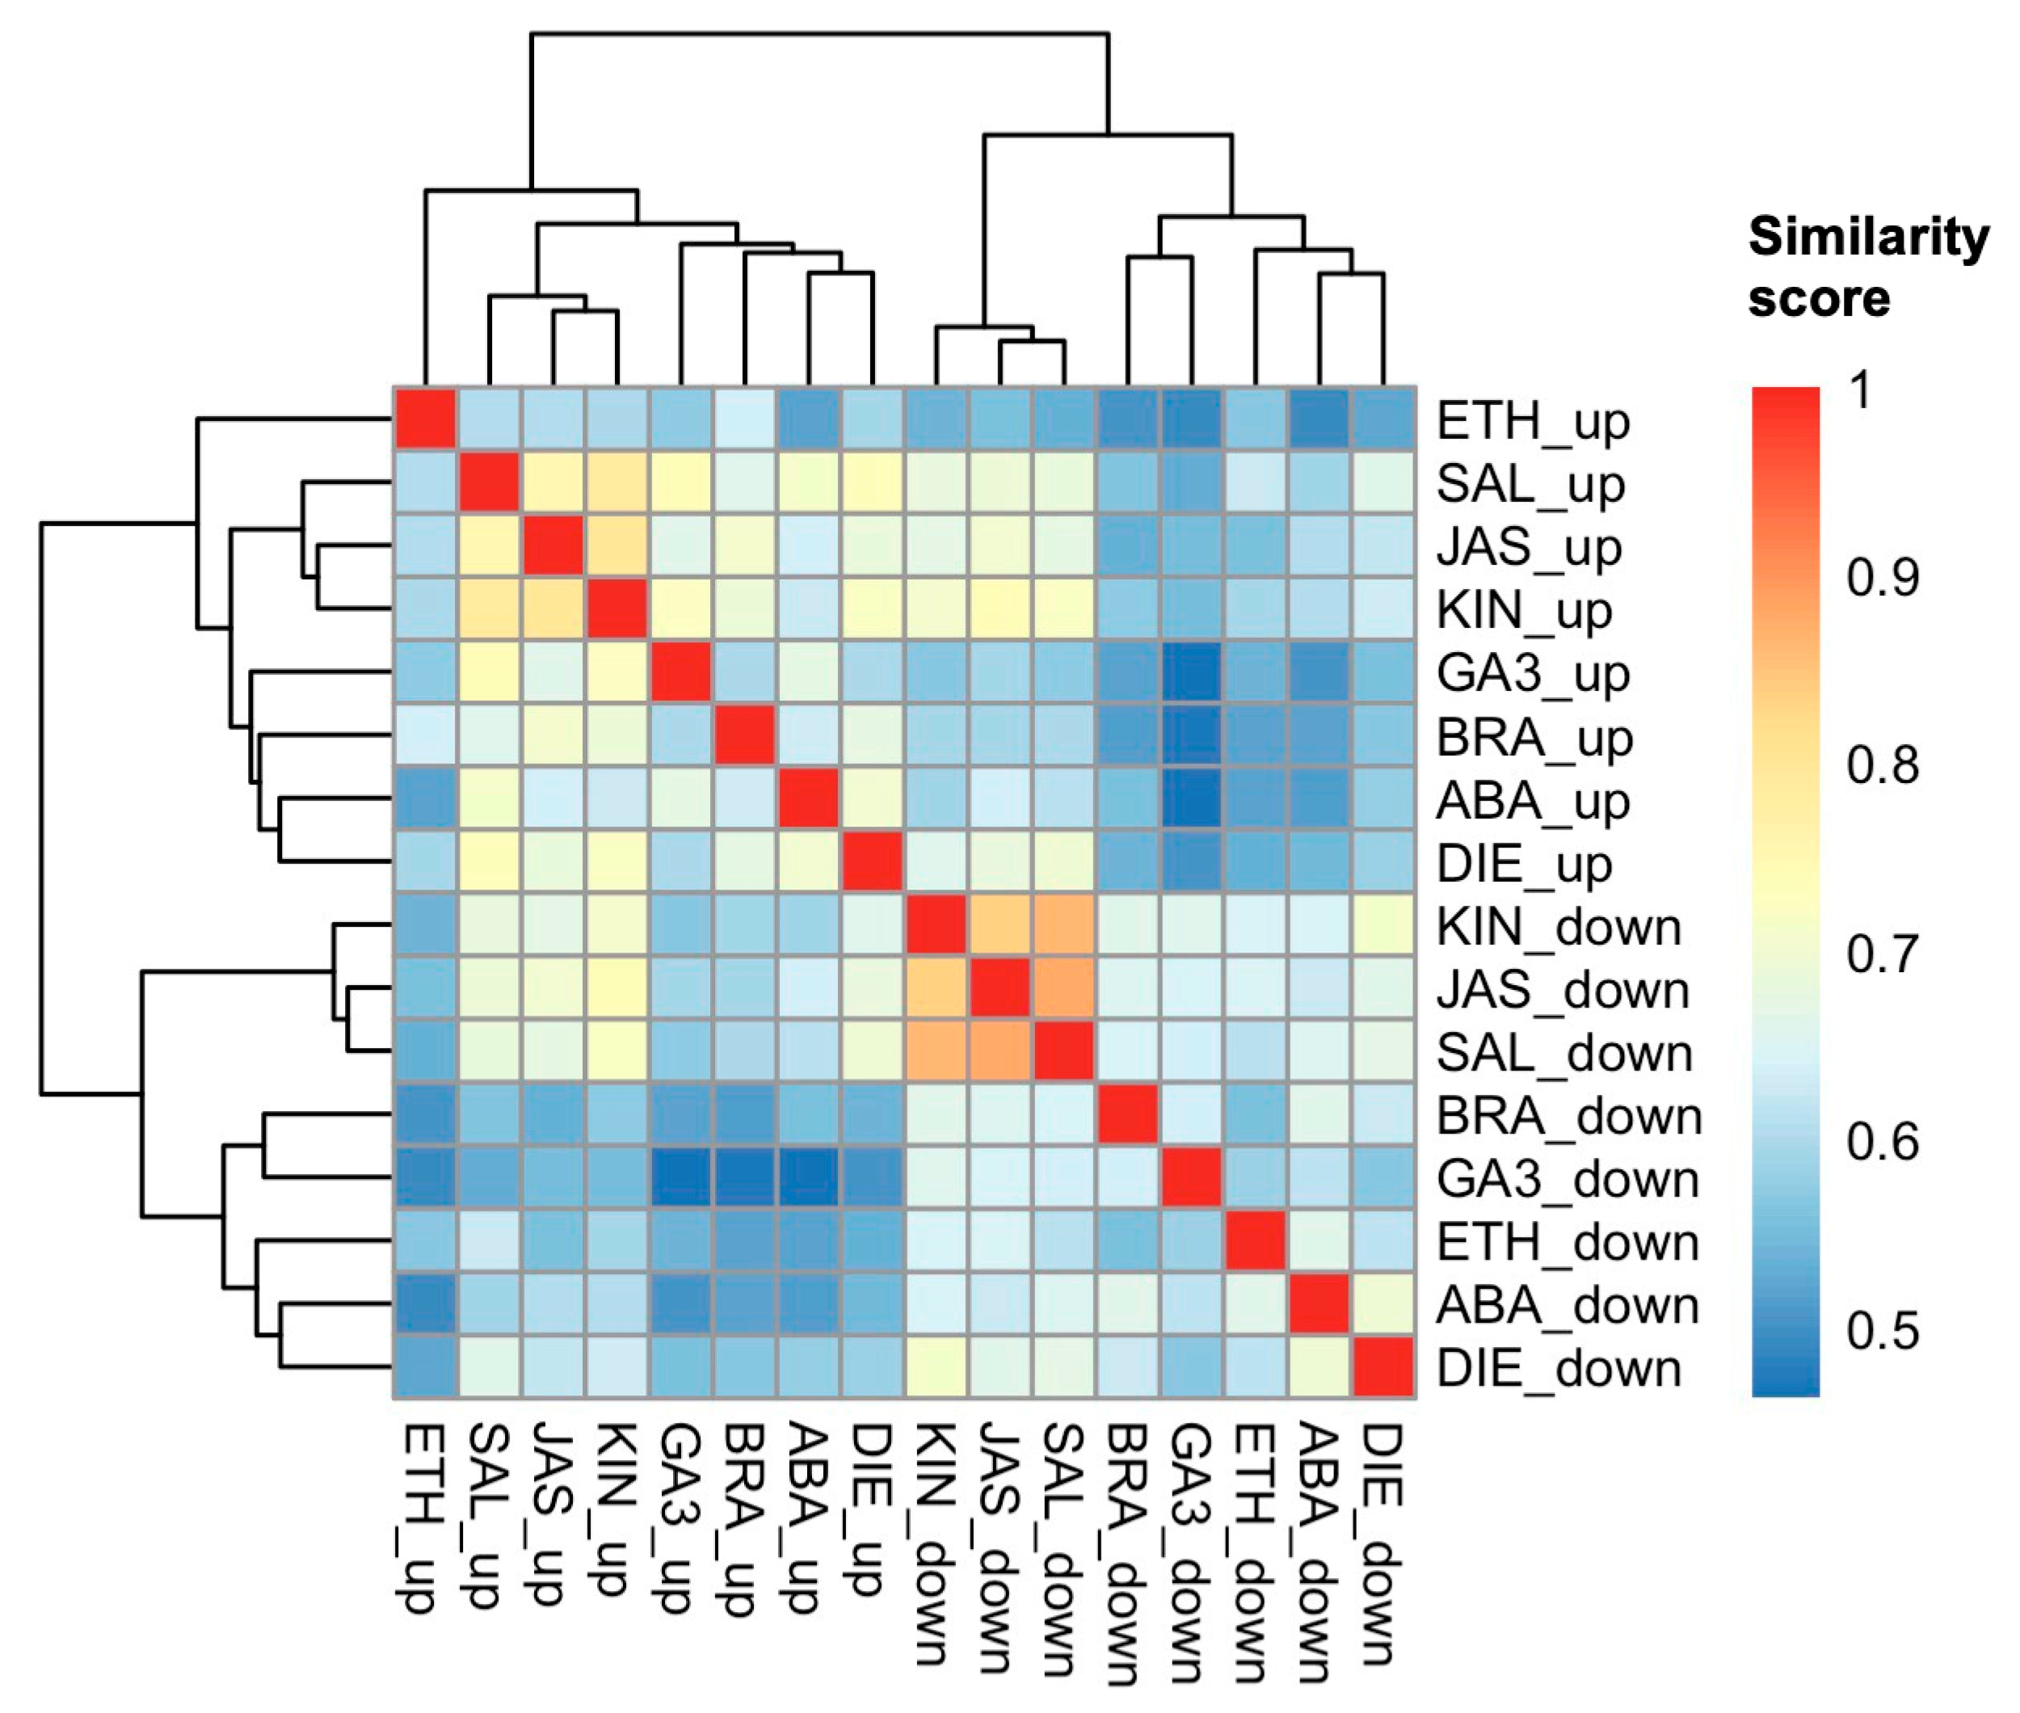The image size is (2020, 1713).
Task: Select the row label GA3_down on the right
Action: [x=1568, y=1180]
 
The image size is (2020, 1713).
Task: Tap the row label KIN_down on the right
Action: [x=1558, y=928]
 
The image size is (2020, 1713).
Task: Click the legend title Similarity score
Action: [x=1866, y=267]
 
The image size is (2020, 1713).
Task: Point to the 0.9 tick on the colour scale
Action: [x=1882, y=578]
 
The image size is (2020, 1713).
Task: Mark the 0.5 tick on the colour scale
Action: [x=1882, y=1330]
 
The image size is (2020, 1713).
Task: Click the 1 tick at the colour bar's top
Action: [x=1860, y=390]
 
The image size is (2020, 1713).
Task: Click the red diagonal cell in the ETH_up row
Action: [x=425, y=419]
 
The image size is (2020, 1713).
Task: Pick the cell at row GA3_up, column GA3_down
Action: [x=1192, y=672]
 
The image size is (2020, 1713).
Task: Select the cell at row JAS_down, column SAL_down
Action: [x=1063, y=988]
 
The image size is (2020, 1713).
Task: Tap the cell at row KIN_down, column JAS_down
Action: [x=999, y=925]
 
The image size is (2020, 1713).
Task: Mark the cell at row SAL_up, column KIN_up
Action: [x=617, y=482]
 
